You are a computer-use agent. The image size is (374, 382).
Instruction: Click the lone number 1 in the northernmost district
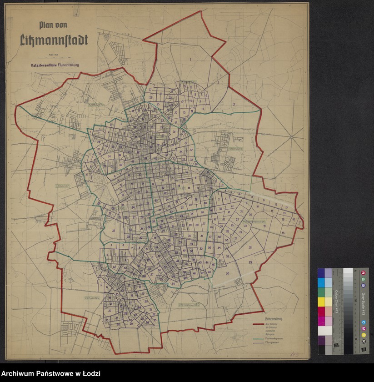pos(191,60)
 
